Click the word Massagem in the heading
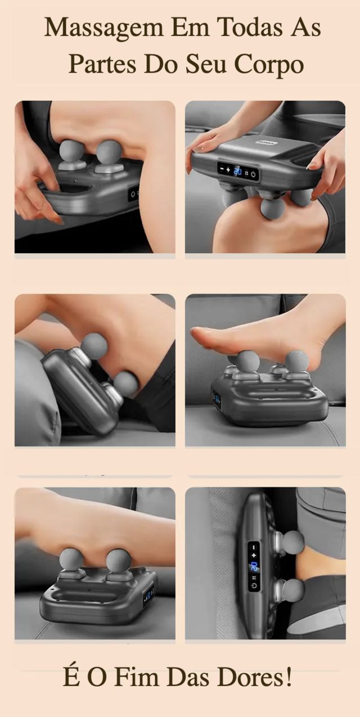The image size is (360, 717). pyautogui.click(x=103, y=28)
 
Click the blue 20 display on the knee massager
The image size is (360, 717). pyautogui.click(x=237, y=172)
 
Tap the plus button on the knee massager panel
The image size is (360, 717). pyautogui.click(x=228, y=169)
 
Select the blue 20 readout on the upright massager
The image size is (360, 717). pyautogui.click(x=254, y=566)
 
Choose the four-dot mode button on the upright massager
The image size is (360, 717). pyautogui.click(x=254, y=578)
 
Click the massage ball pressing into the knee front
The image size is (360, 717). pyautogui.click(x=272, y=208)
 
